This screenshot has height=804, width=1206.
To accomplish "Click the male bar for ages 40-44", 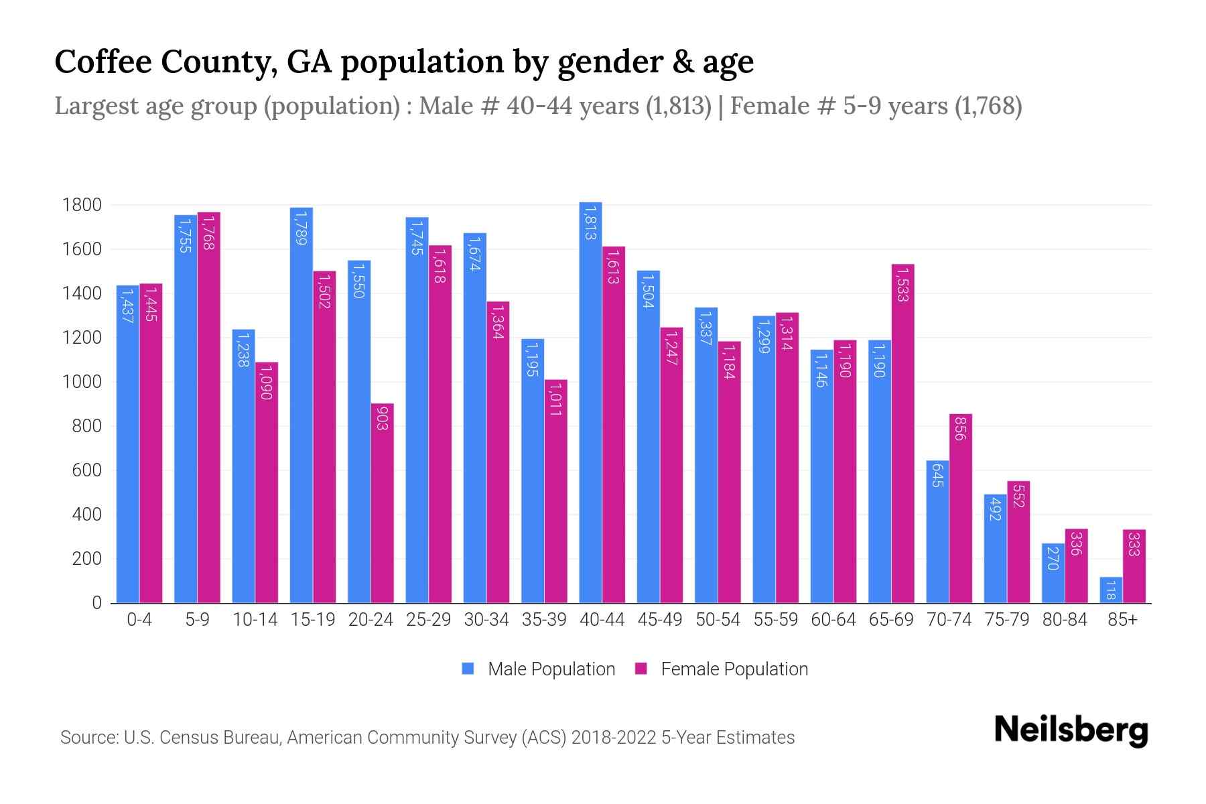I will click(590, 402).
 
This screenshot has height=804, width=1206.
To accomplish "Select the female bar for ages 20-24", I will click(382, 503).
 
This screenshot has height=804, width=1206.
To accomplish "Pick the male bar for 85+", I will click(1110, 590).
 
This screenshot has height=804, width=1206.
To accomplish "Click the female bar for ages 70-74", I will click(960, 509).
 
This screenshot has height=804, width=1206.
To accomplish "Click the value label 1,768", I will click(208, 232).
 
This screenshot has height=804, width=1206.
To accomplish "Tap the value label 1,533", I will click(902, 284).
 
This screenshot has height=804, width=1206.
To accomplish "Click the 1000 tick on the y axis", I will click(82, 382).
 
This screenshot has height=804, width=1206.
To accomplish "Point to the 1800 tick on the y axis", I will click(82, 205).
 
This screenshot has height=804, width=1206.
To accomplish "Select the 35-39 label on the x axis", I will click(544, 620).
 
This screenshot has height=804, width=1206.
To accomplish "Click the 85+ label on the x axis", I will click(1122, 620).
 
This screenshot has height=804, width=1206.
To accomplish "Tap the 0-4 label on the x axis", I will click(139, 620).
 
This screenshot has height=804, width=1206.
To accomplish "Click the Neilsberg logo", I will click(1071, 731).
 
